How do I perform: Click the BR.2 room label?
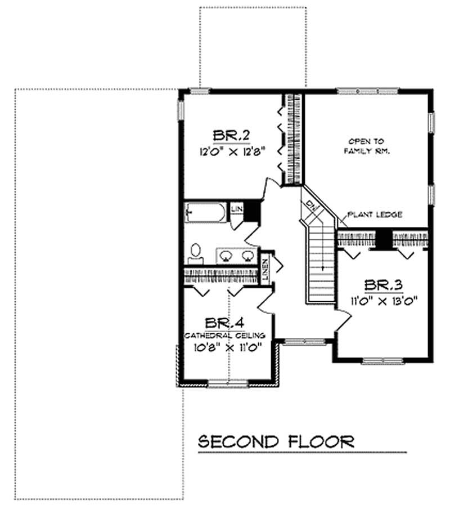pos(231,136)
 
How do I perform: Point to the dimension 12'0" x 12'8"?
pos(232,151)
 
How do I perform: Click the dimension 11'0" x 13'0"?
pos(385,300)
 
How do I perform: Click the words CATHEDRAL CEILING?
pos(225,336)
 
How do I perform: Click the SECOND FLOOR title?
pos(276,440)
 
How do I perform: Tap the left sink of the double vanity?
pos(226,256)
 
